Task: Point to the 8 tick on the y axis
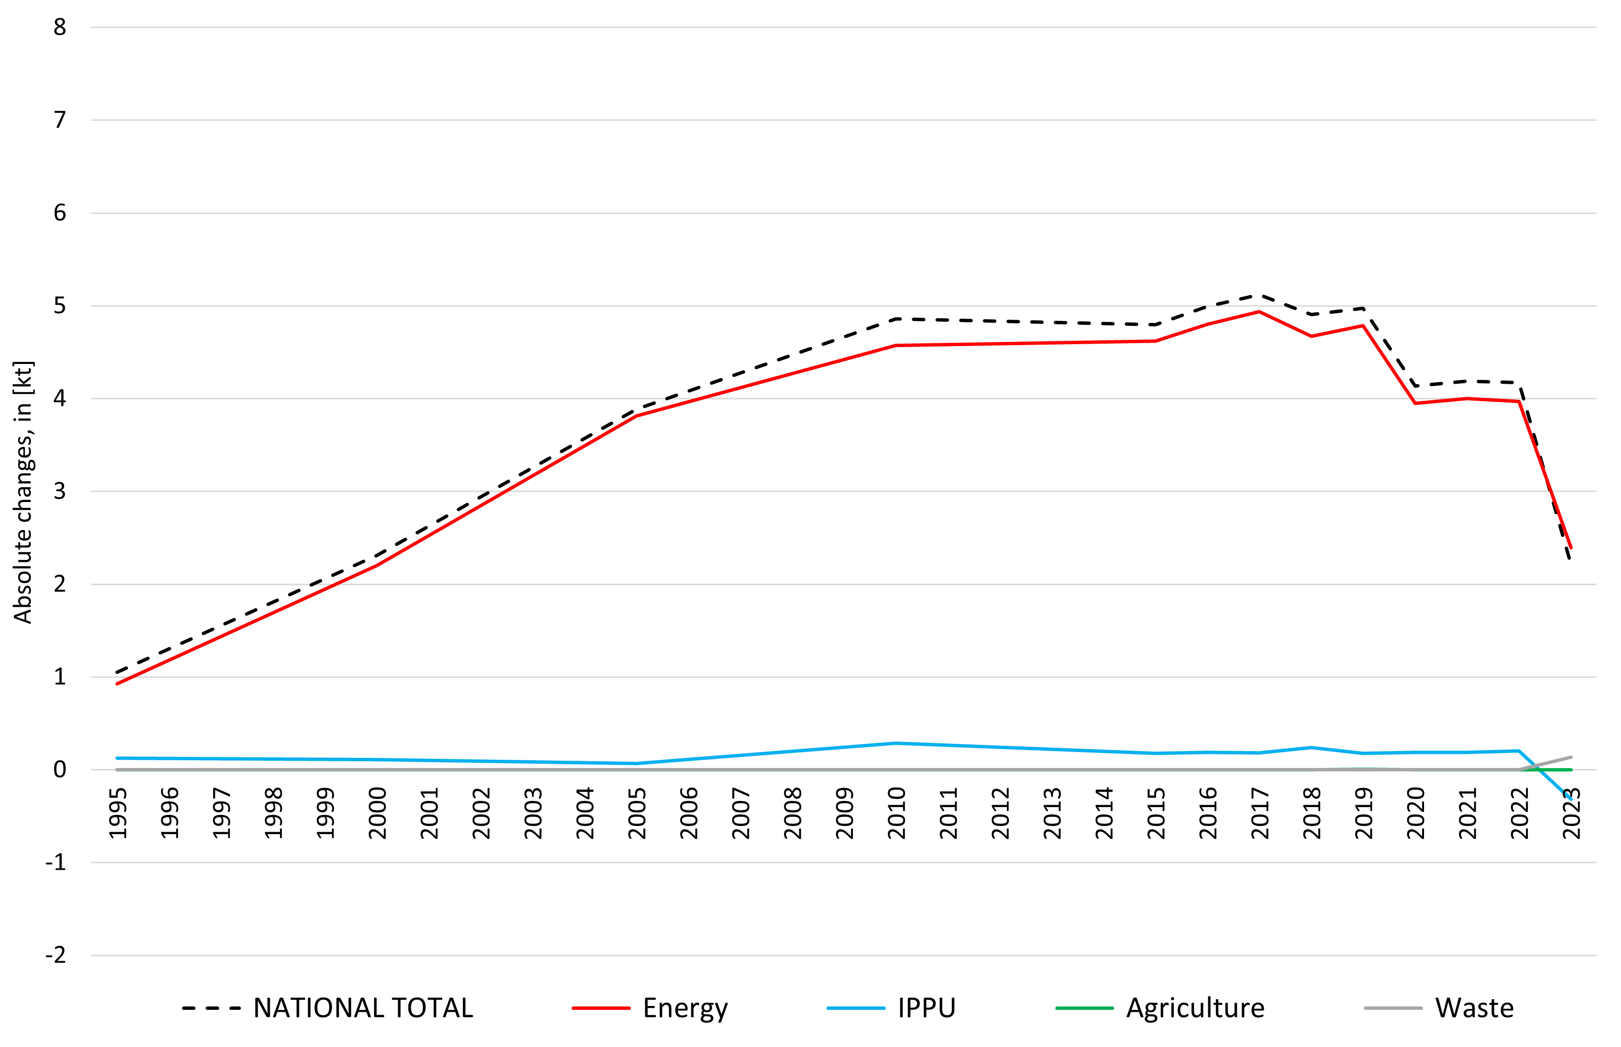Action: click(60, 27)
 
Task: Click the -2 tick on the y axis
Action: click(56, 955)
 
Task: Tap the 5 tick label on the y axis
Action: click(60, 306)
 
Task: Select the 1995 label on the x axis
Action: click(118, 813)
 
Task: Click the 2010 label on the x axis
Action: click(897, 813)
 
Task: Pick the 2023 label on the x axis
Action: click(1571, 813)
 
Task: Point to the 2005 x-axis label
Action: click(637, 813)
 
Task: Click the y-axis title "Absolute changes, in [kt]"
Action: click(23, 491)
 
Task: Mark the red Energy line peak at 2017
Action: click(1259, 312)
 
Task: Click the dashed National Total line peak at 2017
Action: click(1259, 295)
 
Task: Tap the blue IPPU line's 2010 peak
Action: click(897, 743)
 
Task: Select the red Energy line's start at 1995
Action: click(118, 683)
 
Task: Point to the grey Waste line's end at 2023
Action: click(1571, 757)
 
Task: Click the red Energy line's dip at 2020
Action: click(1415, 403)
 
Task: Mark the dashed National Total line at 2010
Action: click(897, 318)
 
